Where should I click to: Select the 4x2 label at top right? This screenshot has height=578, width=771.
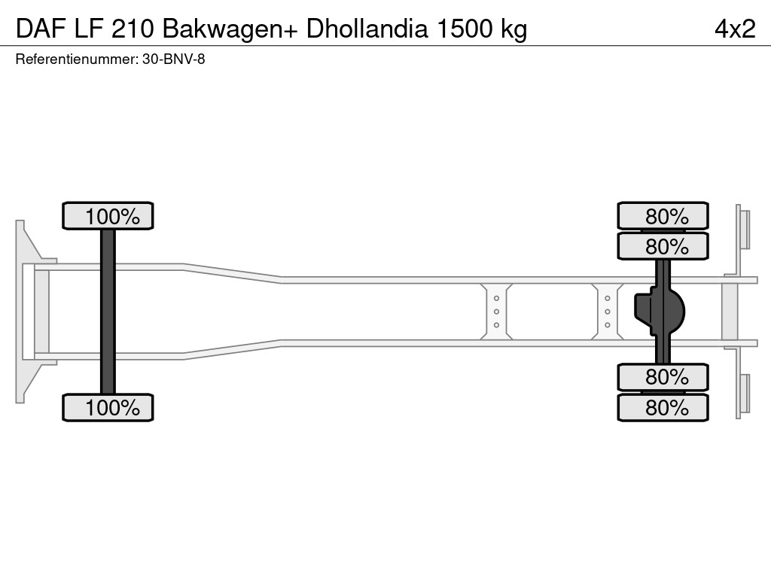click(x=735, y=29)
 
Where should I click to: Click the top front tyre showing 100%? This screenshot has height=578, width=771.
click(x=108, y=216)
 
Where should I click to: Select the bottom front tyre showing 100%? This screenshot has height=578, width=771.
click(x=108, y=407)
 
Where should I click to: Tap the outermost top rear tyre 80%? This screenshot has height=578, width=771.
click(x=663, y=216)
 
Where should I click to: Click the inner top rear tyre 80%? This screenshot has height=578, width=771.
click(x=663, y=246)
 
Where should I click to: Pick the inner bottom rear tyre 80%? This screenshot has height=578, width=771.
click(x=663, y=376)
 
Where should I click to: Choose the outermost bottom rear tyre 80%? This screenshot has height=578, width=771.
click(x=663, y=407)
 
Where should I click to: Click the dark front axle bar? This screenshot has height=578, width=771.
click(x=108, y=312)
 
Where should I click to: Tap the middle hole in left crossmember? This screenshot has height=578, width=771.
click(x=497, y=312)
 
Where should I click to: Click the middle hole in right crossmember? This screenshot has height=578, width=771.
click(x=607, y=312)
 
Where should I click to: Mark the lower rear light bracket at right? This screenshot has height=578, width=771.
click(x=743, y=394)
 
